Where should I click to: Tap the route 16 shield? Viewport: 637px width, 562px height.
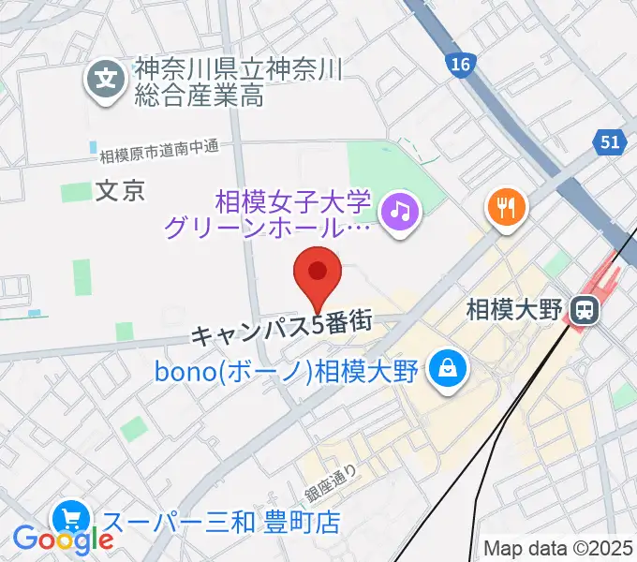click(459, 64)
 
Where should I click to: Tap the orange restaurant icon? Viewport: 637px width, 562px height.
click(507, 207)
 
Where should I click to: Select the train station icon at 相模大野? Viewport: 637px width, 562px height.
click(586, 307)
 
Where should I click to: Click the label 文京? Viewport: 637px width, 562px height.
click(120, 191)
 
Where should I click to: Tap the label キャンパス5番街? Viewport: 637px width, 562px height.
click(282, 329)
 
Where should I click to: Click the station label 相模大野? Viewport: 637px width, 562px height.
click(516, 308)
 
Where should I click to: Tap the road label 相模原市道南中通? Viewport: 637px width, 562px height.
click(157, 147)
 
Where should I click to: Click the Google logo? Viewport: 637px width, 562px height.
click(63, 539)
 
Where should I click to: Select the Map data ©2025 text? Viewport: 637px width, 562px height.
click(558, 548)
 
